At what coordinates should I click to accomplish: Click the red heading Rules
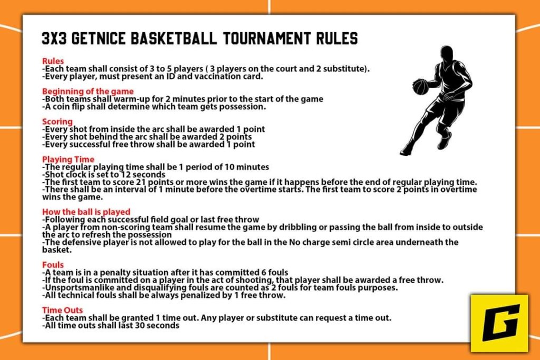(x=53, y=61)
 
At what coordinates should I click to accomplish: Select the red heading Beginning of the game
(x=88, y=91)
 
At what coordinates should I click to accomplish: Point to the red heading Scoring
(x=57, y=122)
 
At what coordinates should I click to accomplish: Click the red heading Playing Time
(x=68, y=159)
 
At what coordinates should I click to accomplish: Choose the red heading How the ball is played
(x=86, y=212)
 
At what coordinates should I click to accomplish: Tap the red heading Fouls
(x=53, y=265)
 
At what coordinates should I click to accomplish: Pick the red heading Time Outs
(x=62, y=310)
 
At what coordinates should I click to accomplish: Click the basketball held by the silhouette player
(x=420, y=87)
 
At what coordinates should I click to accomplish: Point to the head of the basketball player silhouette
(x=446, y=53)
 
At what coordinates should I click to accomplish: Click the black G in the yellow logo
(x=500, y=323)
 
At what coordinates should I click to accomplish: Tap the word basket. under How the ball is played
(x=57, y=250)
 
